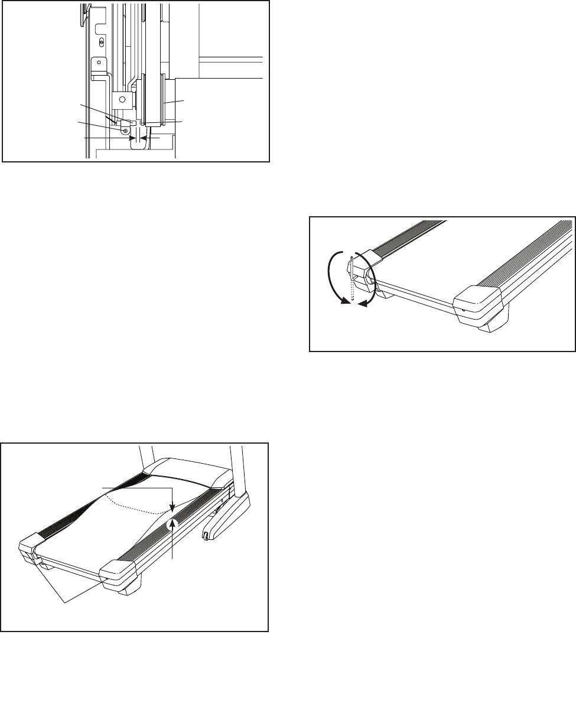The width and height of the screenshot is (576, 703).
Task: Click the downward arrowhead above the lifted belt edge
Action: point(171,507)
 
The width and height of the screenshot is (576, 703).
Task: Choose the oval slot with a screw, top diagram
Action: point(102,43)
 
